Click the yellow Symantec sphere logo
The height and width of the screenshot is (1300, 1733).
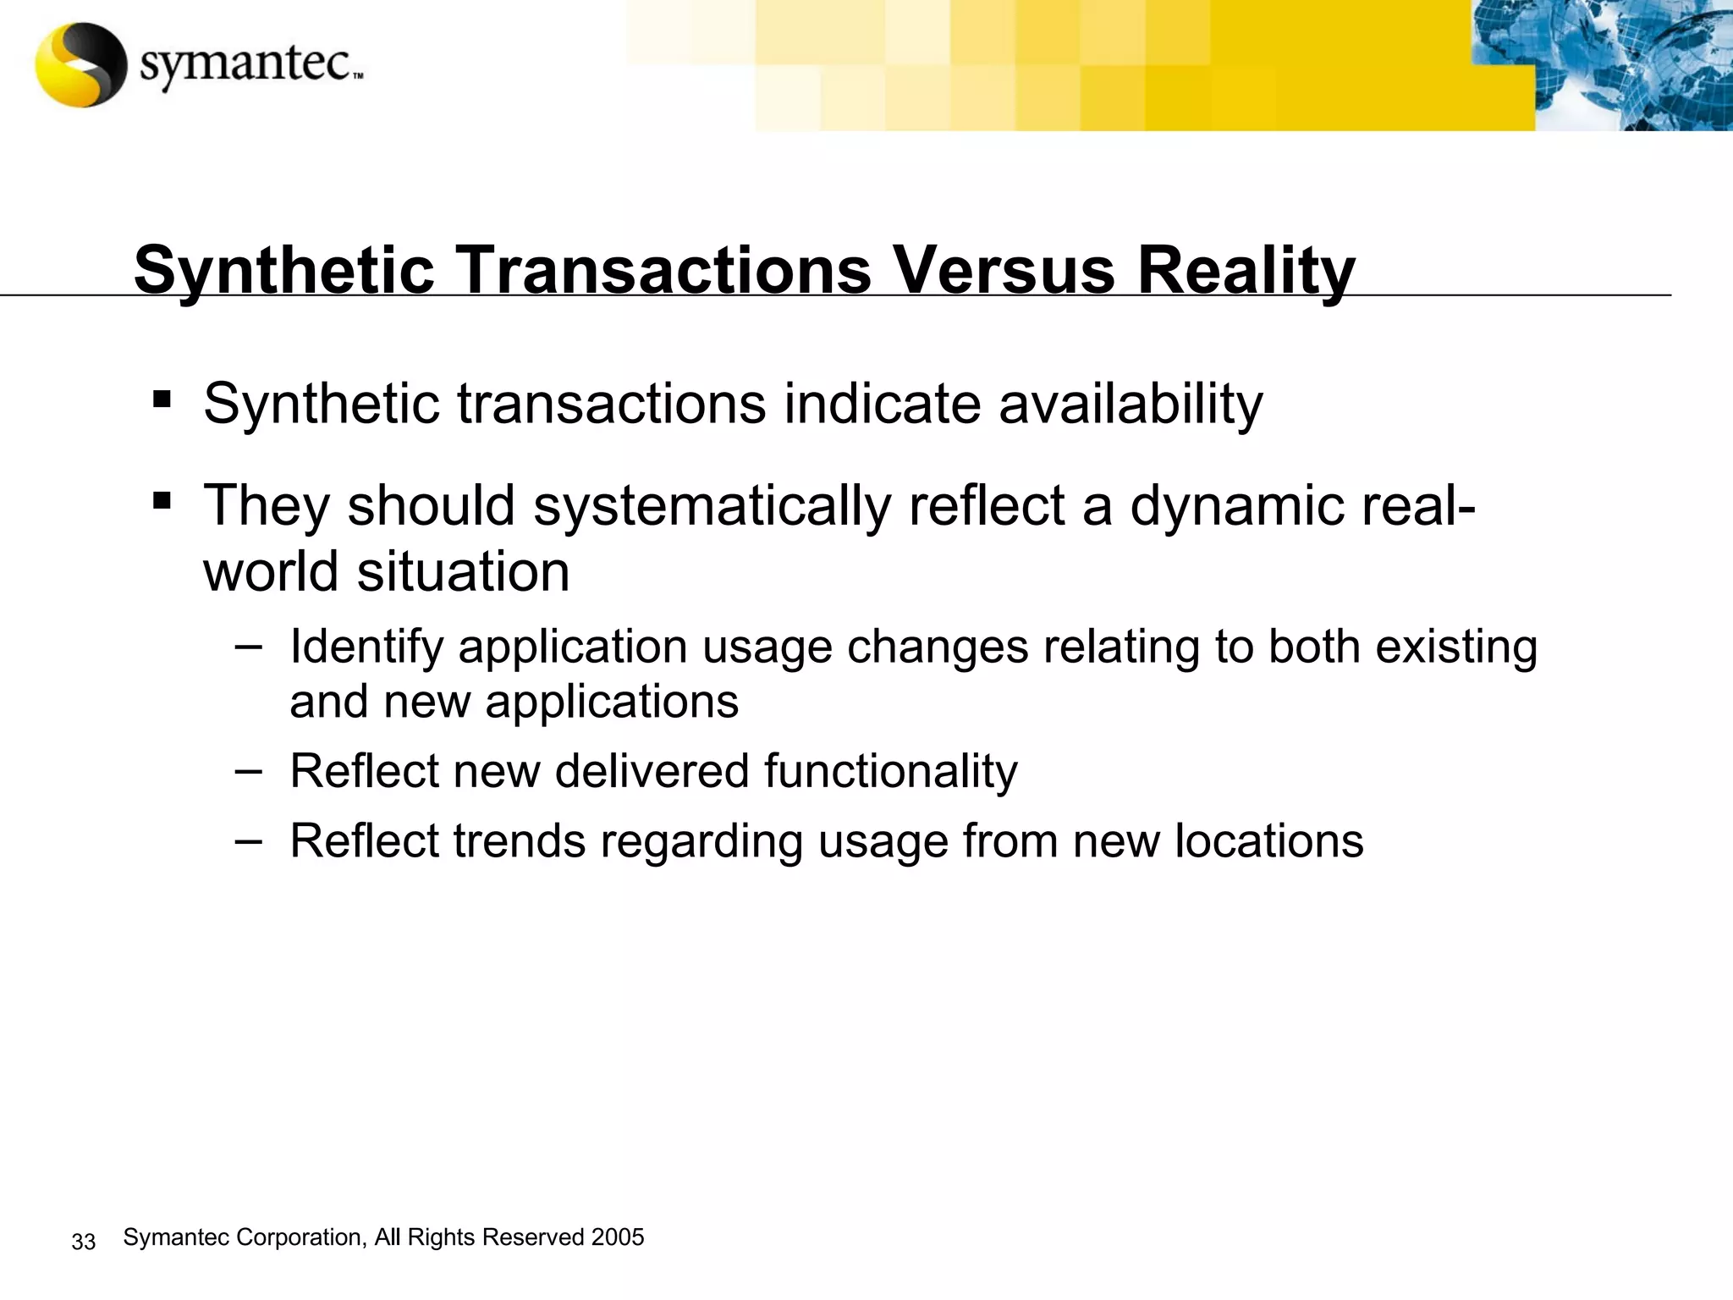pyautogui.click(x=80, y=64)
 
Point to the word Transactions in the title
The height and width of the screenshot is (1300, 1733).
pyautogui.click(x=665, y=270)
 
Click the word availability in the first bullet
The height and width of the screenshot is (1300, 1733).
pyautogui.click(x=1131, y=404)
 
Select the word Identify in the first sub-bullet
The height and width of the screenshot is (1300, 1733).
pyautogui.click(x=366, y=647)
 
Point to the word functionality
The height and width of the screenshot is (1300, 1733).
pyautogui.click(x=890, y=771)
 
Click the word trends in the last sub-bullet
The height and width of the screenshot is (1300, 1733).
pyautogui.click(x=519, y=840)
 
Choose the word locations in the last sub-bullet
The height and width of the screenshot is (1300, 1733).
pyautogui.click(x=1268, y=840)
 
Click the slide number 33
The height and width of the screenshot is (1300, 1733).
pyautogui.click(x=84, y=1242)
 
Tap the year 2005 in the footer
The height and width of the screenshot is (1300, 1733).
pyautogui.click(x=618, y=1237)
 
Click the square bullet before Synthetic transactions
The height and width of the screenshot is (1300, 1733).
pyautogui.click(x=162, y=399)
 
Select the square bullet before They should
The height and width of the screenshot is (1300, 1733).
pyautogui.click(x=162, y=501)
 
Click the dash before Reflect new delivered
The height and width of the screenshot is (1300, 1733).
pyautogui.click(x=248, y=770)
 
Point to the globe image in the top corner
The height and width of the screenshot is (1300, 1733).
pyautogui.click(x=1599, y=64)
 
